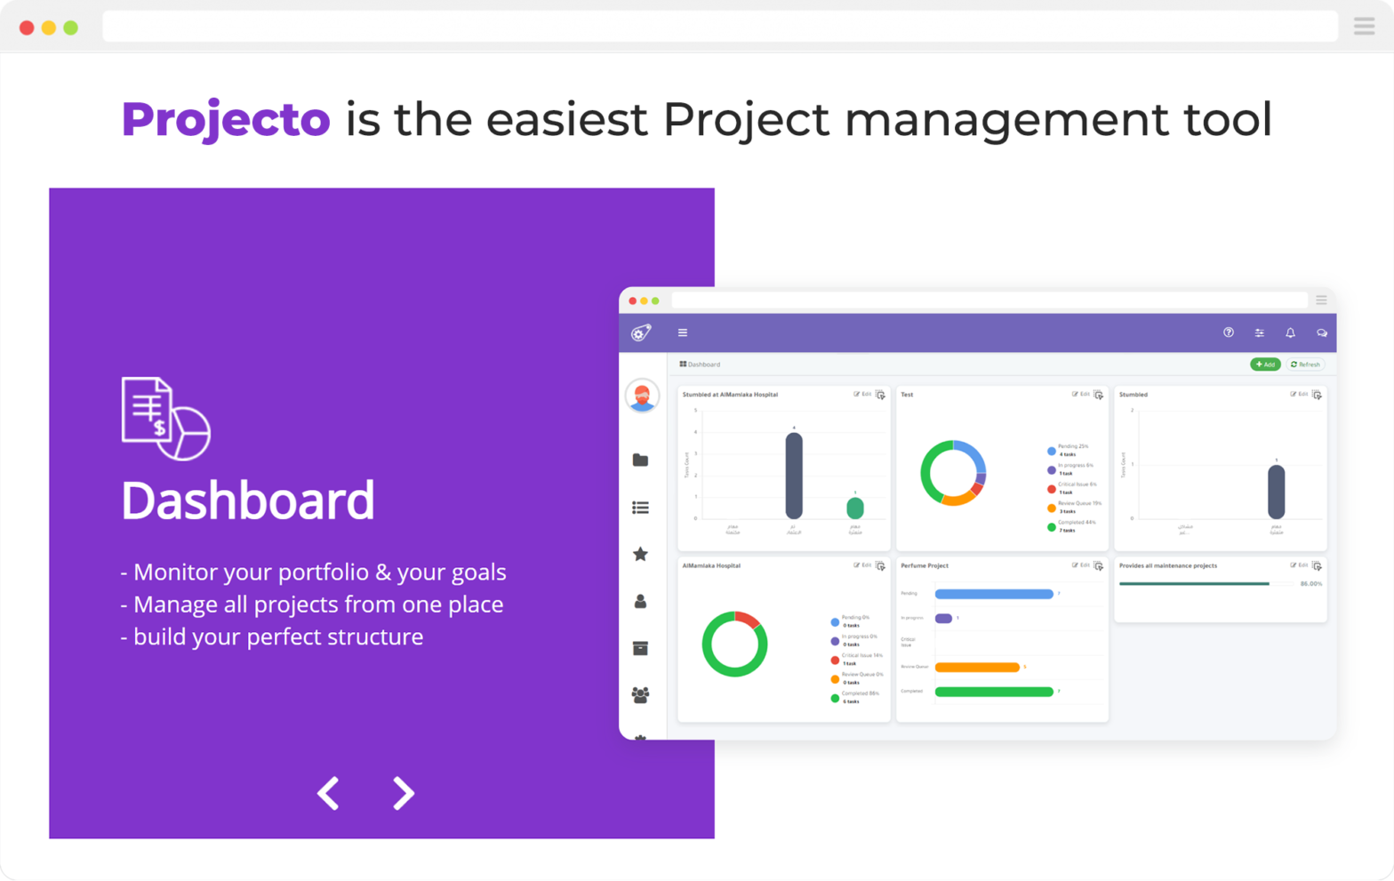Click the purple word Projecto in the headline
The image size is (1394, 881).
[226, 120]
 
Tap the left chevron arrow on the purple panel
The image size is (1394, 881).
[329, 793]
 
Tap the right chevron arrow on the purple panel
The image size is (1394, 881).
[404, 793]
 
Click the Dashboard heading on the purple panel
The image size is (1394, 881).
[248, 501]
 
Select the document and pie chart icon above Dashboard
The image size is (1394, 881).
[165, 419]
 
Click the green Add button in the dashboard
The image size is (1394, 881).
[1265, 364]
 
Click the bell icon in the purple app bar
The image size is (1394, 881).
[1290, 333]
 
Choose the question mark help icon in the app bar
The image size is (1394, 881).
[1229, 333]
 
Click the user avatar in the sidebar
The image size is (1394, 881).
[642, 396]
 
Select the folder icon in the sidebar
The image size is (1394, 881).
[640, 461]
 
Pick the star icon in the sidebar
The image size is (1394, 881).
[640, 555]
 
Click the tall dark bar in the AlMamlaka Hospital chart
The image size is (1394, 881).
[794, 476]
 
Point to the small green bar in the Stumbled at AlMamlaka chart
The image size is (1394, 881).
[855, 509]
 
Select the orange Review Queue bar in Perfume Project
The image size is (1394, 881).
[977, 667]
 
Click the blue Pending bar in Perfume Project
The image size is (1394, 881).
[994, 594]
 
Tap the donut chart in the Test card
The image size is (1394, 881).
[953, 473]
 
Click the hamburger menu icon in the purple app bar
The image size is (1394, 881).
[683, 333]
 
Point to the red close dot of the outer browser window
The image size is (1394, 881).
[27, 28]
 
